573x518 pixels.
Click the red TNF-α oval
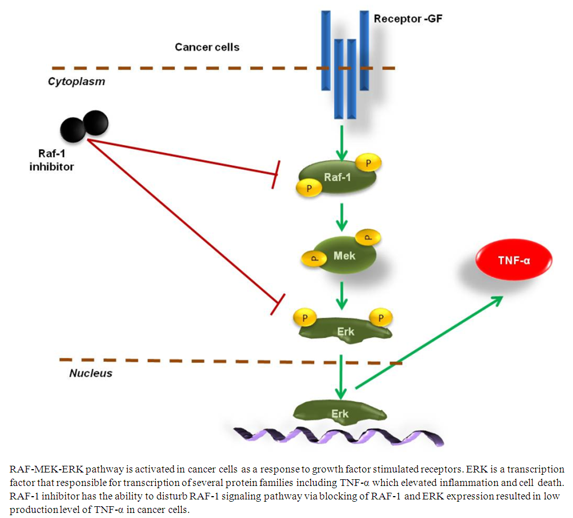pyautogui.click(x=514, y=261)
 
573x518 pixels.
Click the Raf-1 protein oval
pyautogui.click(x=338, y=178)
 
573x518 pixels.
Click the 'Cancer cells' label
pyautogui.click(x=207, y=47)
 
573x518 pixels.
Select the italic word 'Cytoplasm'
pyautogui.click(x=76, y=81)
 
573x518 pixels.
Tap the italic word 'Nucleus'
pyautogui.click(x=91, y=373)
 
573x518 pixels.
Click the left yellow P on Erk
pyautogui.click(x=305, y=318)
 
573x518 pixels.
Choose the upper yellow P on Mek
pyautogui.click(x=368, y=237)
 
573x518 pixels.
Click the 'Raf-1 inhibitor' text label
pyautogui.click(x=51, y=161)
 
